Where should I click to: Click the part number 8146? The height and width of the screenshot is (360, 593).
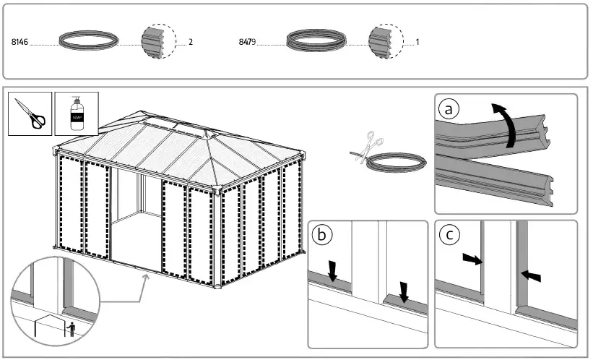tap(20, 43)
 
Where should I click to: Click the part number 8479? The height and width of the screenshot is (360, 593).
tap(247, 43)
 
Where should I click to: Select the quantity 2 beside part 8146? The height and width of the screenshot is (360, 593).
tap(191, 43)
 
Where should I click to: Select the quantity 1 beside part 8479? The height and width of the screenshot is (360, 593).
tap(417, 43)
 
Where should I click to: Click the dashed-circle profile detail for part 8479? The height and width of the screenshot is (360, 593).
tap(385, 41)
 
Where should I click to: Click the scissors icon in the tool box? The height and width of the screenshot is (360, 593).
tap(30, 113)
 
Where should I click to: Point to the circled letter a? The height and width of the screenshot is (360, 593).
tap(449, 109)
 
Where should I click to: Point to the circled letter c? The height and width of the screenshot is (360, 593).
tap(449, 236)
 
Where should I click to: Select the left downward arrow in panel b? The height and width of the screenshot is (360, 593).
tap(332, 271)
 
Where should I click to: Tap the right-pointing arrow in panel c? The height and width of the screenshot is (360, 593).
tap(472, 260)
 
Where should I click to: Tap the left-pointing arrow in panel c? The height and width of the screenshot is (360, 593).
tap(529, 275)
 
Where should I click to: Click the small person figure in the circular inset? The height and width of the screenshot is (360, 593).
tap(71, 329)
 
